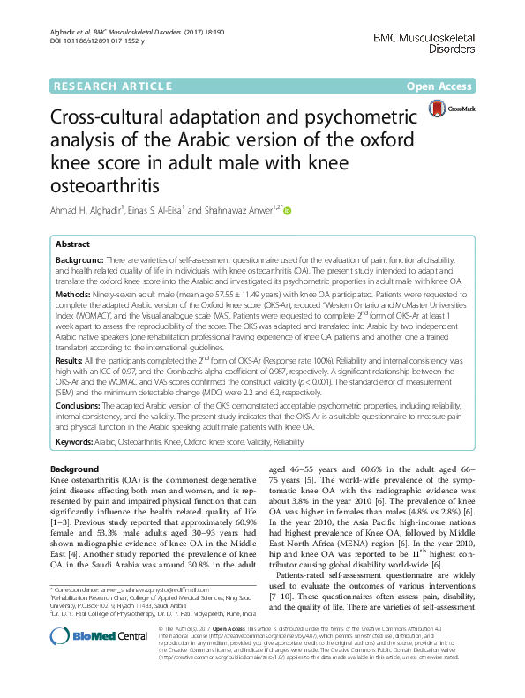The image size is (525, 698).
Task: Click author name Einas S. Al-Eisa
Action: (x=181, y=212)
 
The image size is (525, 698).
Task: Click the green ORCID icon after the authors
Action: (x=287, y=211)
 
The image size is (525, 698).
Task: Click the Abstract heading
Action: (x=72, y=244)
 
